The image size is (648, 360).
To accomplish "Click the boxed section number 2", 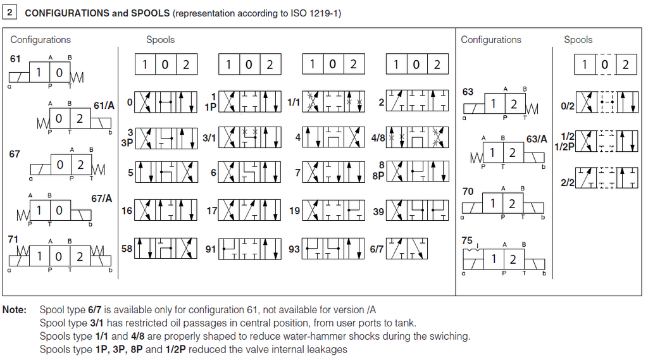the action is [9, 12].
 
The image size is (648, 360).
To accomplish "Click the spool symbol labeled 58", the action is [166, 249].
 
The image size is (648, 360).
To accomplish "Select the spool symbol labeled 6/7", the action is [407, 249].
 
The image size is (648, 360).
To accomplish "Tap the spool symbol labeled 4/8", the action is [417, 137].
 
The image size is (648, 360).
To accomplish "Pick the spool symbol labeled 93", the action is [333, 249].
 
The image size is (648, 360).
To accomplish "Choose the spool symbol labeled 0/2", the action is [607, 102].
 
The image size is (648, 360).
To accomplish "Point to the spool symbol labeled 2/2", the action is [607, 177].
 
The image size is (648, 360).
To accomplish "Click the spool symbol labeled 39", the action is [417, 210].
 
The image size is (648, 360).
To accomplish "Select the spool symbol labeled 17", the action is [249, 210].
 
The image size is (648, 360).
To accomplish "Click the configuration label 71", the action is [13, 239].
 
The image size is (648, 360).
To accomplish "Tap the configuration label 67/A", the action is [102, 199].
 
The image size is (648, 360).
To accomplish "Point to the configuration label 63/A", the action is [537, 139].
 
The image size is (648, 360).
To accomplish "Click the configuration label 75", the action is [467, 240].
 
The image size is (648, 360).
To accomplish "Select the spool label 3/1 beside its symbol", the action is [209, 138].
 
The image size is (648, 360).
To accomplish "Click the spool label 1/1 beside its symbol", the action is [294, 102].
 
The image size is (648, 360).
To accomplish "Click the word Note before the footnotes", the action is [15, 309].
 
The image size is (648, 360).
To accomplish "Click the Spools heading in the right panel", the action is [578, 40].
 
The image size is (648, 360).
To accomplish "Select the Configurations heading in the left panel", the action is [40, 40].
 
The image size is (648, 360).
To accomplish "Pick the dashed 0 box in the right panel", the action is [606, 64].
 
